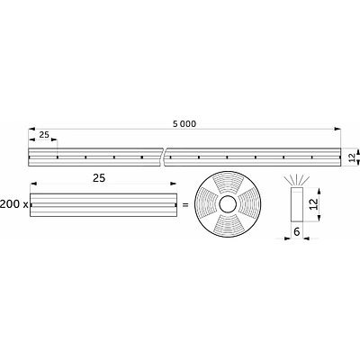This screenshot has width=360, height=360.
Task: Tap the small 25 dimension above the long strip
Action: point(43,134)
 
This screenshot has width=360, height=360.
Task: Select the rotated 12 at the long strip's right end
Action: point(352,157)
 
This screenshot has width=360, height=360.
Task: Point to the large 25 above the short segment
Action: point(100,179)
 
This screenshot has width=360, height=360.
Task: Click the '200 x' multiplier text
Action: point(13,205)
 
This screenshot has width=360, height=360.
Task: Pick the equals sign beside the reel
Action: point(184,205)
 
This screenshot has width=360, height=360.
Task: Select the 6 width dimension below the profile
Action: point(297,231)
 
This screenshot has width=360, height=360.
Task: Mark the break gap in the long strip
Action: point(166,157)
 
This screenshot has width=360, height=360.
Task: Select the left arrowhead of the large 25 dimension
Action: point(32,186)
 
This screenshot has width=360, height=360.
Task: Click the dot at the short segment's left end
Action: point(33,205)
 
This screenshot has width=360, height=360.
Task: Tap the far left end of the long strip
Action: point(30,157)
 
